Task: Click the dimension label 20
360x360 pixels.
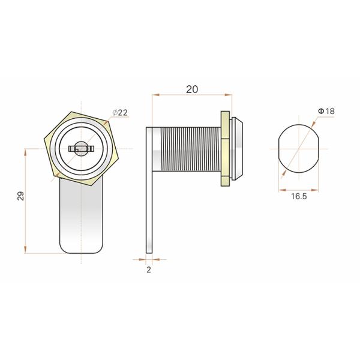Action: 192,89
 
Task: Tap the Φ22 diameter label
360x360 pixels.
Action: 120,113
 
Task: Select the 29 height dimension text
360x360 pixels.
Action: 20,196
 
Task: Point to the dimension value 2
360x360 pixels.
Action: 149,270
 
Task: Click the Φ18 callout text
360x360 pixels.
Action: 326,111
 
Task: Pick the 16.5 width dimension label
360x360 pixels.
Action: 299,196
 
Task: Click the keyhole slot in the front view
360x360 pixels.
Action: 81,149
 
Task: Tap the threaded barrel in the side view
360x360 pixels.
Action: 187,149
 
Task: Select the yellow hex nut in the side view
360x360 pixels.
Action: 225,149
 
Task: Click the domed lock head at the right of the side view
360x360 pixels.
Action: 237,149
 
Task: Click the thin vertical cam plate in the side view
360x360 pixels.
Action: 149,190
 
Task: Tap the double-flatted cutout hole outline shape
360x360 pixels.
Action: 298,149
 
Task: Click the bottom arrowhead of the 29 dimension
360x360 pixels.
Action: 25,250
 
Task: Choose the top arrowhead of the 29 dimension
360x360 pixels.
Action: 25,152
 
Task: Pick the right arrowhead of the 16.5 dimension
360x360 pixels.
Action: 315,190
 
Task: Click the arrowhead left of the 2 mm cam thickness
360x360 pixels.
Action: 142,259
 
